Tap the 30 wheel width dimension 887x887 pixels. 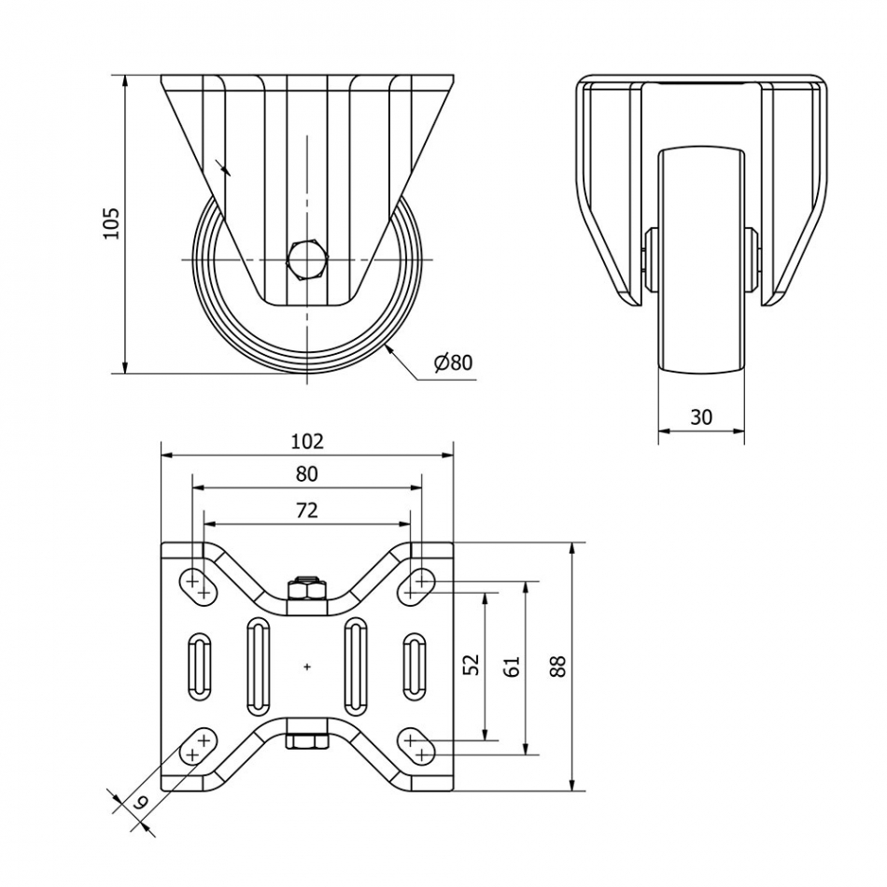click(x=700, y=416)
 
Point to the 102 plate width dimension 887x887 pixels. click(x=306, y=441)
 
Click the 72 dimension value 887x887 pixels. click(x=306, y=510)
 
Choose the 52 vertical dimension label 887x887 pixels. click(x=472, y=664)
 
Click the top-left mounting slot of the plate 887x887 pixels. click(x=197, y=585)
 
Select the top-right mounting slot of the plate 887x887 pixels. click(x=416, y=585)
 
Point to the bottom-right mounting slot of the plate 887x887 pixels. click(x=416, y=746)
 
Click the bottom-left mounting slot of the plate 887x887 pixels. click(x=197, y=746)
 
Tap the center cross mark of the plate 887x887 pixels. click(x=307, y=666)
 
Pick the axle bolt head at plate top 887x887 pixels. click(x=306, y=588)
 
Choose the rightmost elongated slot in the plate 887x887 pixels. click(x=414, y=666)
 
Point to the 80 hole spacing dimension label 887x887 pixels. click(x=306, y=474)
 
